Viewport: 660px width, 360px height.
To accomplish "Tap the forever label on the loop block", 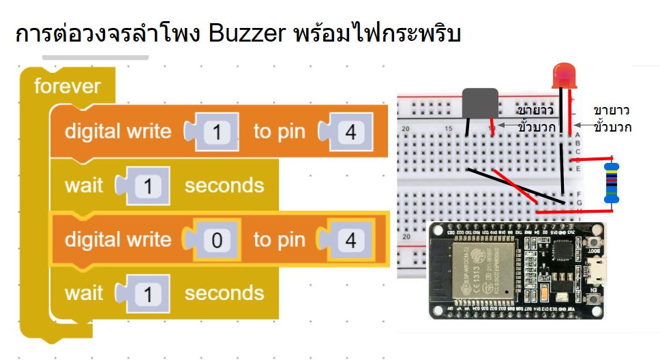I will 67,86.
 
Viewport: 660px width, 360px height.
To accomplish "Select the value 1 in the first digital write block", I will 217,132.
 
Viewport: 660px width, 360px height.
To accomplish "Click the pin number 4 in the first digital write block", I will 350,132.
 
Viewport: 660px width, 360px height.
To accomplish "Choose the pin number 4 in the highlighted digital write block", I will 350,240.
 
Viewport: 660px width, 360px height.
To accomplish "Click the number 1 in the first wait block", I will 147,185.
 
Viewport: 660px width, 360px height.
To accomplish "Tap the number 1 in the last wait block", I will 147,294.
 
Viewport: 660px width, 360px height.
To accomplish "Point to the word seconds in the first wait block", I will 224,185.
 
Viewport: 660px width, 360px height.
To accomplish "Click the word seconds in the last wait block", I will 224,294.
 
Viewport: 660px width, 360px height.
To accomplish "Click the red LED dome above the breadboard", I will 564,74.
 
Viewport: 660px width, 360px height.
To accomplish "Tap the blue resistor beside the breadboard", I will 612,183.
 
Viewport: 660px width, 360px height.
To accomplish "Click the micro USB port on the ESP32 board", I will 599,277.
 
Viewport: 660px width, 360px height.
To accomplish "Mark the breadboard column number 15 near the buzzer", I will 449,129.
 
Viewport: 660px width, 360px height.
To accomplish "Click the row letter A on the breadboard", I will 577,135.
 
